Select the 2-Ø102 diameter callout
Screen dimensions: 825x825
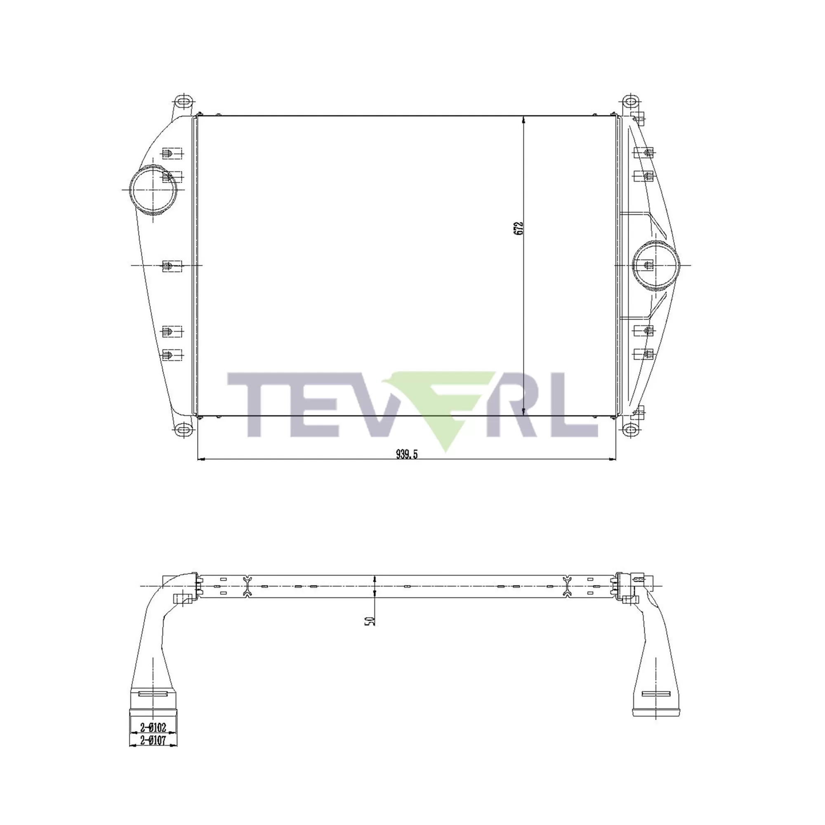[153, 727]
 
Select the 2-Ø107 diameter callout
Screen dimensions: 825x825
[153, 740]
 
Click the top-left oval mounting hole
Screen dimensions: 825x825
[184, 102]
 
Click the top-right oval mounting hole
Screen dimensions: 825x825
[629, 102]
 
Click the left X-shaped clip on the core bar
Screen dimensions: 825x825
[247, 586]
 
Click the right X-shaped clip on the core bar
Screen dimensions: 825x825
[567, 586]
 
